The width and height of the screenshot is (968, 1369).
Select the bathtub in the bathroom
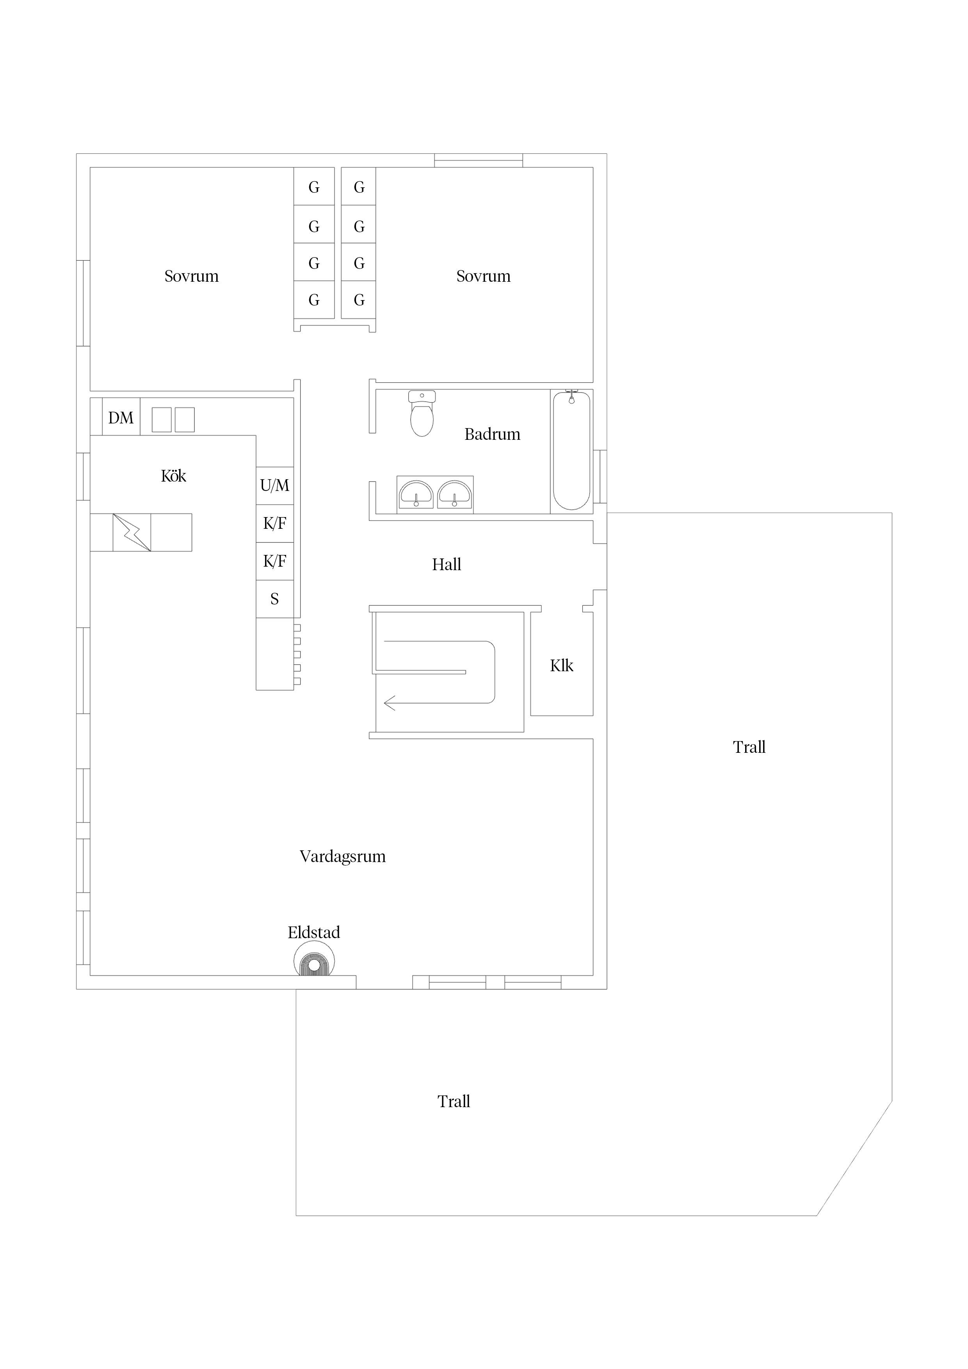tap(571, 451)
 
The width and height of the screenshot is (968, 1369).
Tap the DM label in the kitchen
tap(121, 418)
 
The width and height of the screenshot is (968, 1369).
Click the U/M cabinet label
tap(274, 485)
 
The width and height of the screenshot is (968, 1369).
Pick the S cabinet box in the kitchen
tap(274, 599)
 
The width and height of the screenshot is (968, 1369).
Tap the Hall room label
tap(446, 564)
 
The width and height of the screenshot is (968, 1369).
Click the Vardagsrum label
tap(342, 857)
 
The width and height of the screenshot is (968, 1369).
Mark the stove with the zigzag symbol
tap(132, 532)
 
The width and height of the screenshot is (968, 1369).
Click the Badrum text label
tap(492, 434)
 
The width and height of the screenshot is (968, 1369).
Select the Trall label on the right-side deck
tap(749, 747)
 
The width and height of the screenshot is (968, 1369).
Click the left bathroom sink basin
tap(416, 494)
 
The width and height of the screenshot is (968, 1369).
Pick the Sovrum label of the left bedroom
tap(191, 276)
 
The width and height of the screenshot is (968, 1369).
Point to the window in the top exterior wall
tap(478, 160)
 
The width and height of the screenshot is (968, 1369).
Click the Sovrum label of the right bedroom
tap(483, 276)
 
